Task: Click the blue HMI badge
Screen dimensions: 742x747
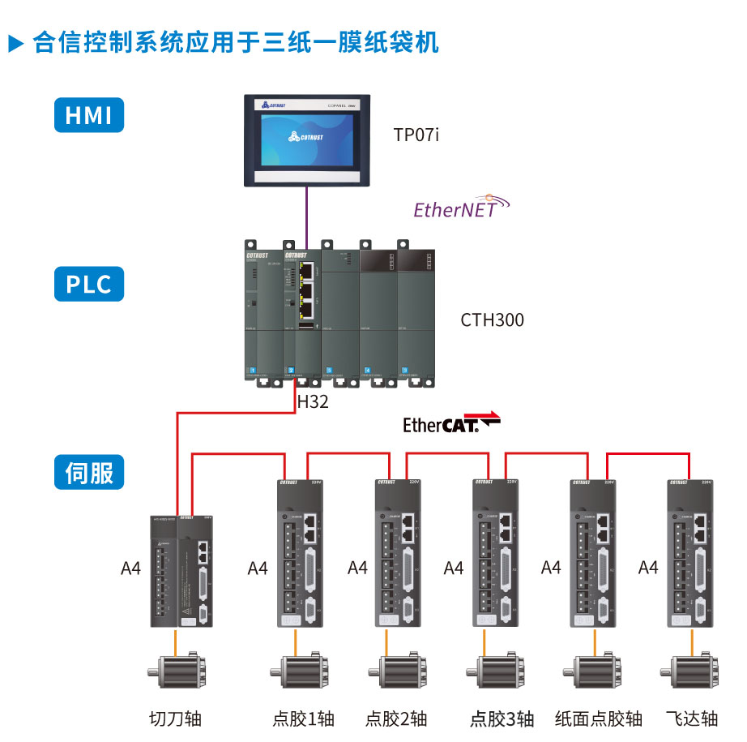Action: point(89,114)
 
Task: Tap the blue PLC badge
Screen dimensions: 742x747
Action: point(89,285)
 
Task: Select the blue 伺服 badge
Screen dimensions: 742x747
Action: point(89,473)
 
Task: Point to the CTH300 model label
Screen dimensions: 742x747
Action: point(492,320)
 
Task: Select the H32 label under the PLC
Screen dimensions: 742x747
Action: point(313,401)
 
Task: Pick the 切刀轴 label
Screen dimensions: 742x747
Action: point(175,718)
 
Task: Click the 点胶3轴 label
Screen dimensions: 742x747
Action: point(502,718)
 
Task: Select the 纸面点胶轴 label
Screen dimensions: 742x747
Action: point(599,718)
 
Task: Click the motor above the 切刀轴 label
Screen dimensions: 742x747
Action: point(175,674)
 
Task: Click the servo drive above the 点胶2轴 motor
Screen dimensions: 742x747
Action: point(398,552)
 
